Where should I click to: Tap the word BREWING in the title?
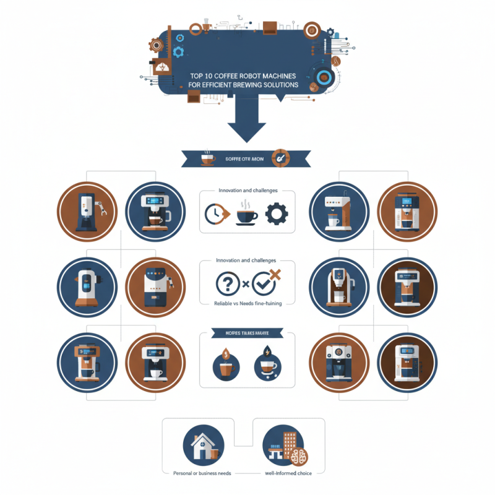coord(254,84)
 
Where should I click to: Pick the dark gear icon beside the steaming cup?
coord(277,214)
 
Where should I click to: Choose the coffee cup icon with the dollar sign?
coord(226,365)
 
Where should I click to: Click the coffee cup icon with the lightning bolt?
coord(266,365)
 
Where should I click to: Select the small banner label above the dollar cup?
coord(247,334)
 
